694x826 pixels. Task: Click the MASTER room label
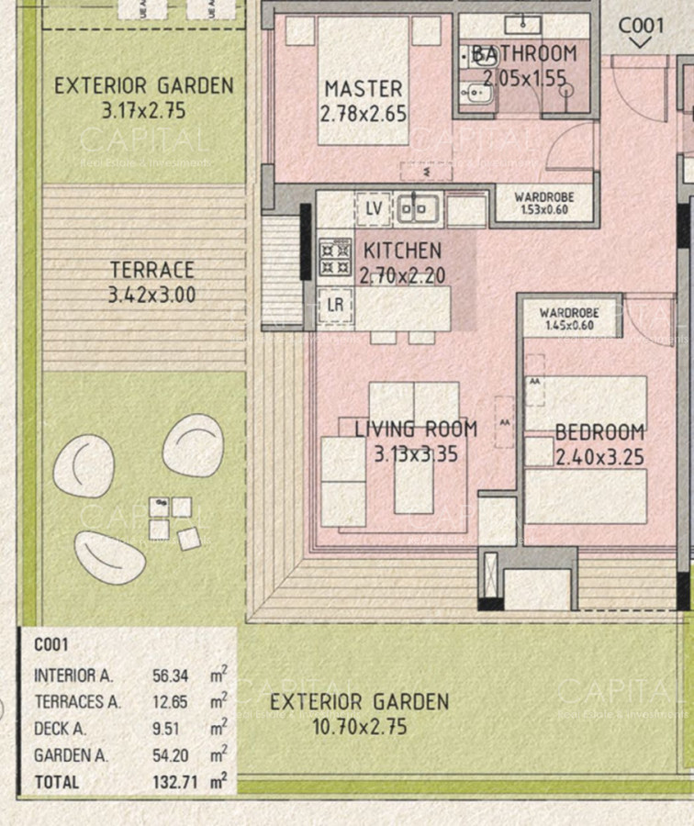pos(364,90)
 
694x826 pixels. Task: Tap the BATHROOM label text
pos(524,54)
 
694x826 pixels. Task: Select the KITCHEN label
pos(402,251)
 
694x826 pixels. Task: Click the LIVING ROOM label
pos(416,430)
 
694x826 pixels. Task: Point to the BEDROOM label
pos(599,433)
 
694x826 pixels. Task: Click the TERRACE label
pos(151,271)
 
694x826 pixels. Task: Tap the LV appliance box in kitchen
pos(373,209)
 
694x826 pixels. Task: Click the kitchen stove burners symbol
pos(334,257)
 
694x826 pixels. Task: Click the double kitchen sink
pos(419,209)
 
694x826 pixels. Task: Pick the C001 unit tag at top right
pos(641,26)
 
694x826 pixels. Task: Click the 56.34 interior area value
pos(170,676)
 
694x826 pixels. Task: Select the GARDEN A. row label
pos(71,756)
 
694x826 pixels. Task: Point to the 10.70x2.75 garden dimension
pos(359,728)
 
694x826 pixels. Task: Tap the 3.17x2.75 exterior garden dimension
pos(144,111)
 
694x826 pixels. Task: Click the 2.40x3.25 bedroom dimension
pos(599,456)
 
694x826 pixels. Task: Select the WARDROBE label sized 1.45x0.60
pos(568,313)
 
